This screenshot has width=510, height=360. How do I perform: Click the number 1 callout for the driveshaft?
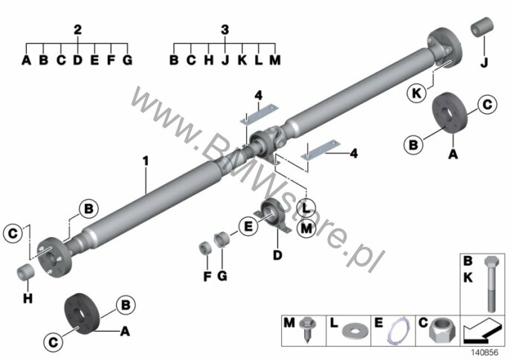point(146,159)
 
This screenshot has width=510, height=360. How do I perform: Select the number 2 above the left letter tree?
point(77,30)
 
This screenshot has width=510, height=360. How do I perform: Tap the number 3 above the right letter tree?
point(225,30)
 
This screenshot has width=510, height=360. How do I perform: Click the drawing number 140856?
point(484,351)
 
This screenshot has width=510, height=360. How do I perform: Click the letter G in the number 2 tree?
point(126,60)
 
